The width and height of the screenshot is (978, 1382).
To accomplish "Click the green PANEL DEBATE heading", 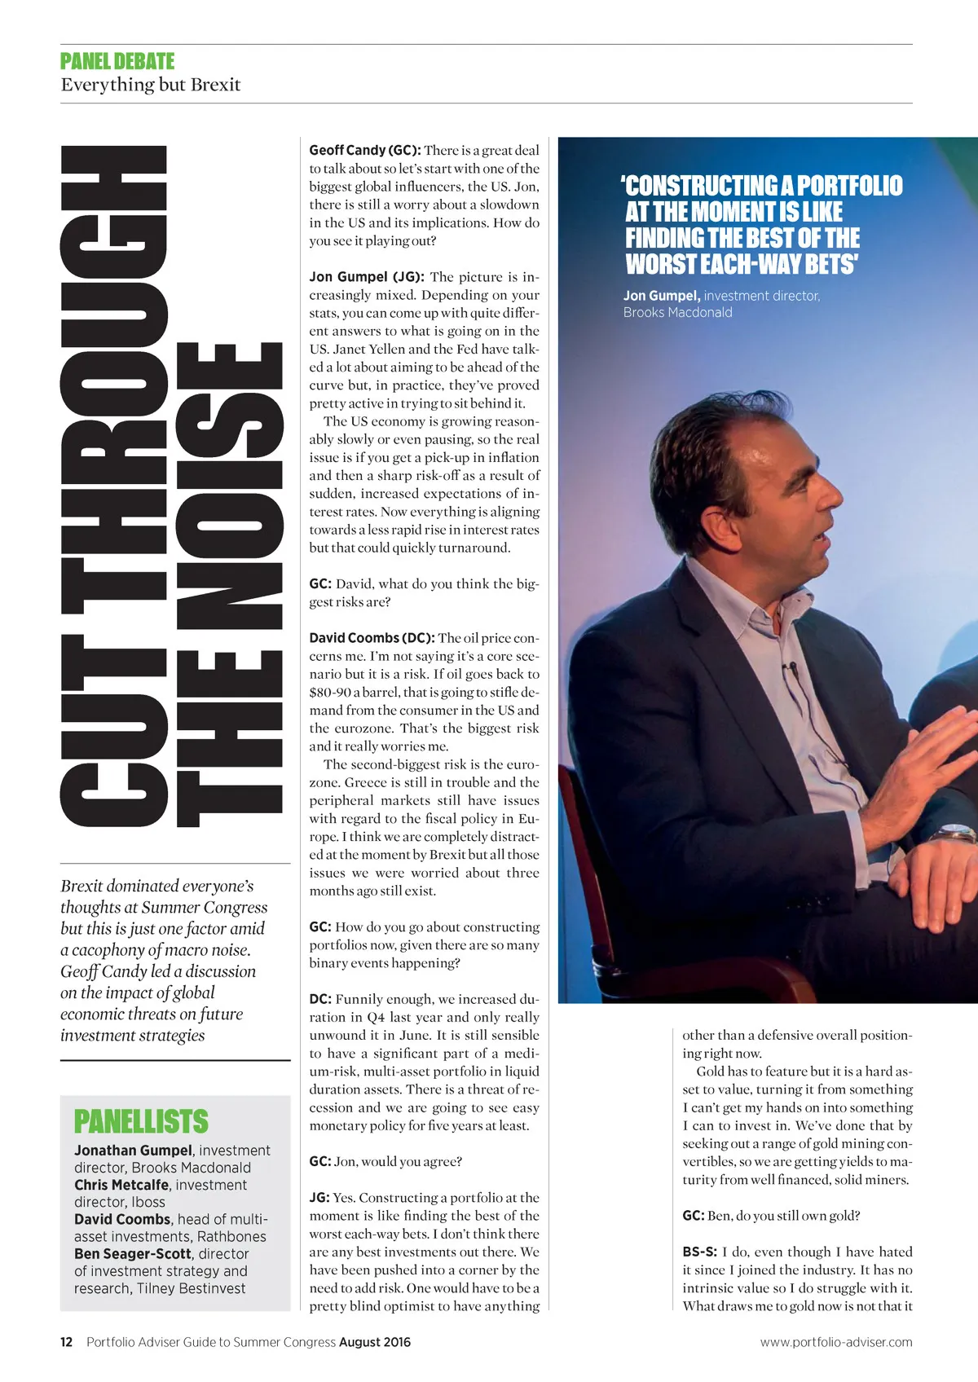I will click(x=117, y=62).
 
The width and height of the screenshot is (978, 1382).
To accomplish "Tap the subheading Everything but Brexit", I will click(x=151, y=85).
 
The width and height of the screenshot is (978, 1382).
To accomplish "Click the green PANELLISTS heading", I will click(x=141, y=1122).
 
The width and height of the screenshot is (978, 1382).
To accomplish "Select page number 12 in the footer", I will click(x=67, y=1342).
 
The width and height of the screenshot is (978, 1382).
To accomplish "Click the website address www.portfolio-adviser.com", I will click(x=836, y=1342).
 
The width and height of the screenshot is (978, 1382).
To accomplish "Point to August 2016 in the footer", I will click(x=375, y=1342).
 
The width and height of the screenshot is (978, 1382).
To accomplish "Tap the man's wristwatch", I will click(x=954, y=834).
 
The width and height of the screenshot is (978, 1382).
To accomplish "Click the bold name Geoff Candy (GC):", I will click(x=364, y=150).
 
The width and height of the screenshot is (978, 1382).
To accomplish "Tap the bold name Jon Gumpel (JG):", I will click(x=367, y=277).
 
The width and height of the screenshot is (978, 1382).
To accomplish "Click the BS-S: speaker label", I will click(x=699, y=1252).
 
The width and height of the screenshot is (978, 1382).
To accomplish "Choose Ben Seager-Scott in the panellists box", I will click(x=133, y=1254).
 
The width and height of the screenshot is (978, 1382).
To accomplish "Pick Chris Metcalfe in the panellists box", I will click(x=121, y=1185).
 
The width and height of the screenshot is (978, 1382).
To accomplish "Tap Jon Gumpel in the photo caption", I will click(x=661, y=296).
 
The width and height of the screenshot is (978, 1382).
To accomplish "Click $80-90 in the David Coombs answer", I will click(x=328, y=693).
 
